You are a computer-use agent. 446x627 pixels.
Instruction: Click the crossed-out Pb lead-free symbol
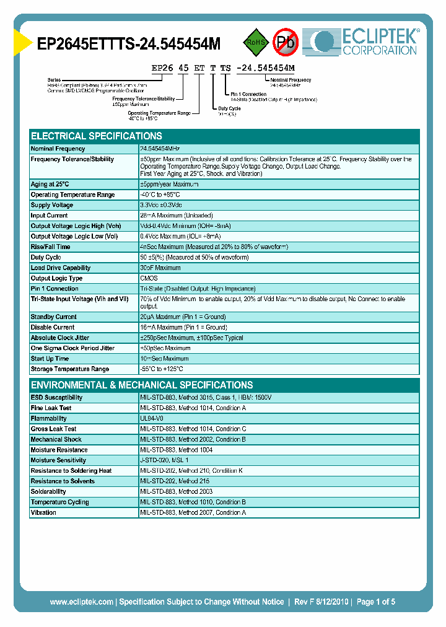pos(286,42)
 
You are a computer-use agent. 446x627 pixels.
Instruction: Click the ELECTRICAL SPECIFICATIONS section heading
pos(97,136)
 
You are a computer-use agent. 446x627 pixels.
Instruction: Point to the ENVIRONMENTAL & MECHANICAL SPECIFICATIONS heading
pos(142,385)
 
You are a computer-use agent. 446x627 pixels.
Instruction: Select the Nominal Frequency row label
pos(58,149)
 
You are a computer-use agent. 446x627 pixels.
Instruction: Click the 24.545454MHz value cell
pos(160,149)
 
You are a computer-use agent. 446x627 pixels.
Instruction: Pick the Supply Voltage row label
pos(52,205)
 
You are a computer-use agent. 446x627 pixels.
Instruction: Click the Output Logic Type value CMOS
pos(149,278)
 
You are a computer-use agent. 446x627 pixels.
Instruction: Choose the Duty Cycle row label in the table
pos(46,257)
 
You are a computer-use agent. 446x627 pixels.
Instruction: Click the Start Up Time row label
pos(50,359)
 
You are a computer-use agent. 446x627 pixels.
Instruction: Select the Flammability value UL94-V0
pos(152,419)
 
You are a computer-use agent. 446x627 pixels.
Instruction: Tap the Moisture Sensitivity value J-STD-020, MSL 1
pos(164,460)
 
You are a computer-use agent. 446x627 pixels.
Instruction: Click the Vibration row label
pos(43,513)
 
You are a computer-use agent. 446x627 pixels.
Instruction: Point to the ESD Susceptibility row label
pos(56,398)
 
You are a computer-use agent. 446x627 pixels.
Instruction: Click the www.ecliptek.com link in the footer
pos(81,602)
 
